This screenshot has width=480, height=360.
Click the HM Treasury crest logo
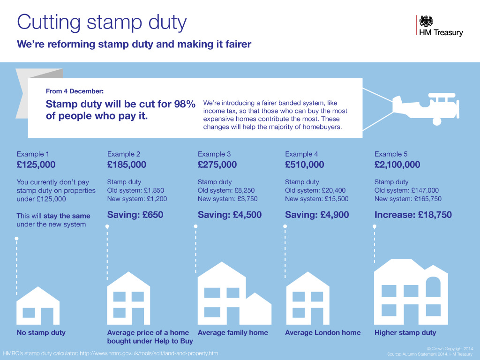(x=426, y=21)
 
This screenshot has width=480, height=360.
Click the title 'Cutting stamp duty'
(x=102, y=22)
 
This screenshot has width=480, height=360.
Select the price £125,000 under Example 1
(x=36, y=165)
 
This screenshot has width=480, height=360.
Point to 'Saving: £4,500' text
(x=230, y=215)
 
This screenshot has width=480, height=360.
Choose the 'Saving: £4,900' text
(x=317, y=215)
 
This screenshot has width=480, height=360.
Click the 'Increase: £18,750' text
(x=413, y=215)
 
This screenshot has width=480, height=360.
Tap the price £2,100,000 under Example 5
(x=397, y=165)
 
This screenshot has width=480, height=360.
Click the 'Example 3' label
(x=214, y=154)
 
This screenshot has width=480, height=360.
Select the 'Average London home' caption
(x=323, y=333)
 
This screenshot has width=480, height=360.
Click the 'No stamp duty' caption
(x=41, y=333)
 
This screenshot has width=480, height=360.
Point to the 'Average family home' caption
(x=233, y=333)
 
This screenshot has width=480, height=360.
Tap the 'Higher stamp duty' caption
(x=405, y=333)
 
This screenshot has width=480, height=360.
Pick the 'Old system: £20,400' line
(x=315, y=190)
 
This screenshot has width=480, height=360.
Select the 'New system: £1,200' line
(x=137, y=199)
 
